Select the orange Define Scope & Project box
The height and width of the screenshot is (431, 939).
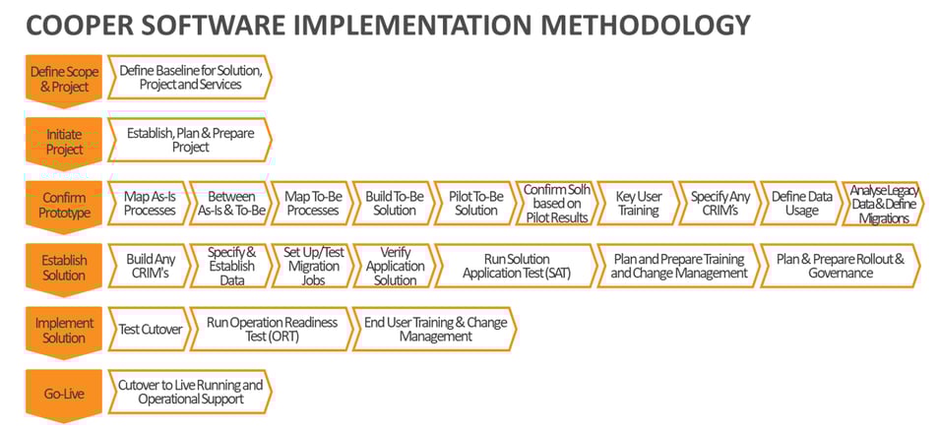tap(64, 81)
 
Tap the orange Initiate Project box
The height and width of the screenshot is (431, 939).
tap(64, 143)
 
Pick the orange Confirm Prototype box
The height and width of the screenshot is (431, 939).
tap(64, 206)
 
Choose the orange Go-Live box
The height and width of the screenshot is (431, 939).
tap(64, 395)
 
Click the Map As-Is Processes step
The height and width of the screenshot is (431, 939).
tap(149, 204)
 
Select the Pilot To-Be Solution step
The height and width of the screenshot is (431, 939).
tap(475, 204)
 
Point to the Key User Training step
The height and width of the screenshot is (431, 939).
tap(639, 204)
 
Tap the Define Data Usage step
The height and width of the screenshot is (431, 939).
tap(801, 204)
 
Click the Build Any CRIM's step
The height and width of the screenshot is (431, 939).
tap(149, 267)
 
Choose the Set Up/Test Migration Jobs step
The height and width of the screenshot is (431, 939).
tap(312, 267)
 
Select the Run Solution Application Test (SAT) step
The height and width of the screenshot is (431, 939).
tap(516, 267)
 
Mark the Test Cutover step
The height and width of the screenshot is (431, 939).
tap(149, 329)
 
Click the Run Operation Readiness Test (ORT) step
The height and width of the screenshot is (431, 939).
tap(272, 329)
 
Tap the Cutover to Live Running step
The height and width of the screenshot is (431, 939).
tap(190, 392)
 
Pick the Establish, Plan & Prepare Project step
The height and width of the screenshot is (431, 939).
tap(190, 140)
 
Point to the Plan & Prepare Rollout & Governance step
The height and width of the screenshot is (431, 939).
tap(842, 267)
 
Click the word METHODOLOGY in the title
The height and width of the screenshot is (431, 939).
tap(636, 27)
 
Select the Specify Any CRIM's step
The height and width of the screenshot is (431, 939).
tap(720, 204)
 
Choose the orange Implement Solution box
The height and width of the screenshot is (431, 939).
tap(64, 331)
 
